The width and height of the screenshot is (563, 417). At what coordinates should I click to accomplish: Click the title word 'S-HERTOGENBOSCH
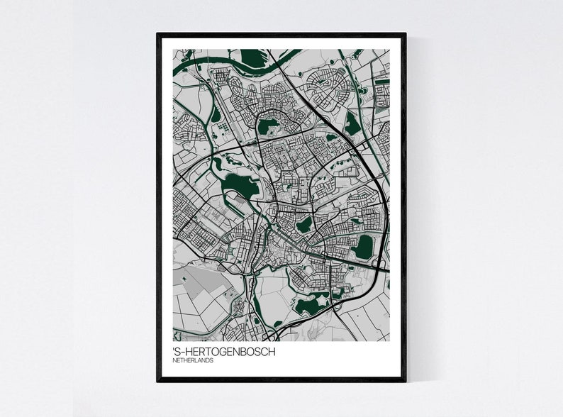coord(224,352)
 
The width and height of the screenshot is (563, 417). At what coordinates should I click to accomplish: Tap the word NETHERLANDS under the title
coord(194,361)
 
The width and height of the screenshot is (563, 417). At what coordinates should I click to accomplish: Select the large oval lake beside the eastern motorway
coord(364,246)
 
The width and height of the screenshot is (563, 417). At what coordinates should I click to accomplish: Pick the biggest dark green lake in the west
coord(240,186)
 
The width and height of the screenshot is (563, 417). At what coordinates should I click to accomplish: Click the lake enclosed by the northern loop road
coord(268,128)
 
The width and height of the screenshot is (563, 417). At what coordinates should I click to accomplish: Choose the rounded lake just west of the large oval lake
coord(304,225)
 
